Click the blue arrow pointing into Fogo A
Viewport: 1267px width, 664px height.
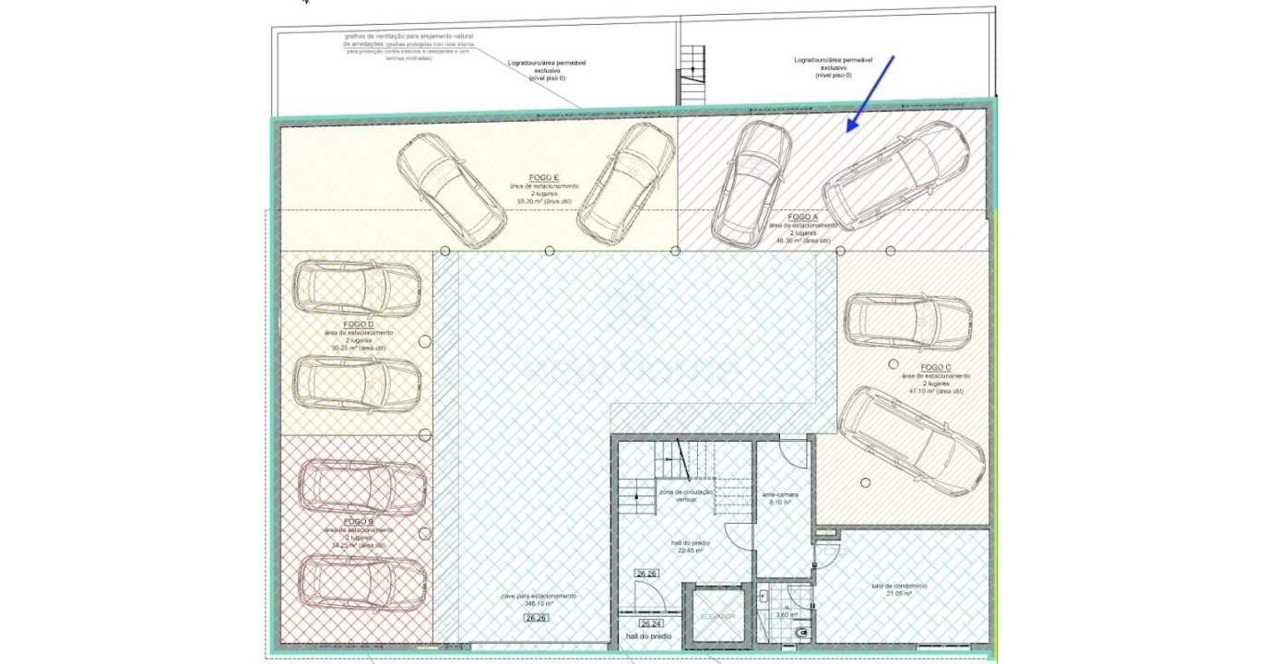tap(870, 92)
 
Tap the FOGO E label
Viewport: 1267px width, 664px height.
tap(544, 177)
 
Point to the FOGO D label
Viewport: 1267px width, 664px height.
tap(358, 325)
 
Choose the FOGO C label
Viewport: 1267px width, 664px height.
tap(935, 367)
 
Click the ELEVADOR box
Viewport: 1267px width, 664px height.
tap(717, 615)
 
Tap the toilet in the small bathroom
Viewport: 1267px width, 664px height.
tap(801, 632)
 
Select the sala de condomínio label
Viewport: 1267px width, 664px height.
tap(898, 587)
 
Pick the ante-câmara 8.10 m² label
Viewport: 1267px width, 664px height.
tap(780, 499)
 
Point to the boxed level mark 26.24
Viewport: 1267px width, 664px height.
tap(651, 624)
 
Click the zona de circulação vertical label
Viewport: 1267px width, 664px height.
tap(686, 495)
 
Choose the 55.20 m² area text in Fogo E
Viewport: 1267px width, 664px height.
tap(544, 200)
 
